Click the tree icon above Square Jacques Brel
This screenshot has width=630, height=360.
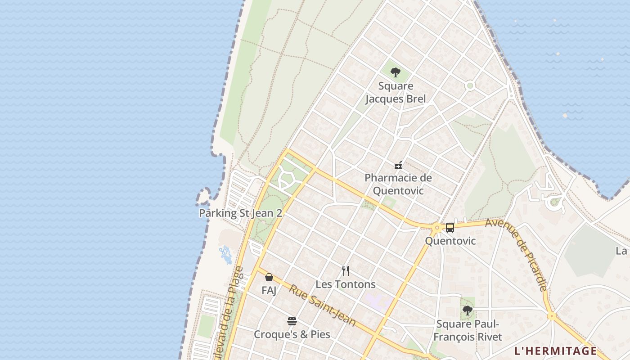click(395, 72)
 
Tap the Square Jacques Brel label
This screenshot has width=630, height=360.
click(395, 92)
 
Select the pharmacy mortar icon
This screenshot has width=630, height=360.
click(398, 165)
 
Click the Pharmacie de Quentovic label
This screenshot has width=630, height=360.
click(398, 184)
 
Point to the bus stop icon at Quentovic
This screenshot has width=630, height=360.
click(450, 227)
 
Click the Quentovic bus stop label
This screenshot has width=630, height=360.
click(450, 241)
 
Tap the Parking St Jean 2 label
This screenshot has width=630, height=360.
click(240, 213)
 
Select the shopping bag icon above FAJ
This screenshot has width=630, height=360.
click(269, 277)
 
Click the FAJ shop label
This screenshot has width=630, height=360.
click(269, 290)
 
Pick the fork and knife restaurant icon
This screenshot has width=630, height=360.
click(345, 270)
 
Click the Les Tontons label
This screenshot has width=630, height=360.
click(345, 284)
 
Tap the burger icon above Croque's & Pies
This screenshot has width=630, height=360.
click(292, 321)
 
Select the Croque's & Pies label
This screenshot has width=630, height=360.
click(292, 334)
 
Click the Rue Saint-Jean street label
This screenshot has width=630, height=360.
click(322, 306)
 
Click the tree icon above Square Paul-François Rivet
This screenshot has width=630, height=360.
click(468, 310)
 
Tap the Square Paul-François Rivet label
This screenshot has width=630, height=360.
click(468, 330)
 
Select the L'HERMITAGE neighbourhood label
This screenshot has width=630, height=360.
click(555, 351)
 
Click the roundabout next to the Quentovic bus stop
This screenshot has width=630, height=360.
click(436, 228)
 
